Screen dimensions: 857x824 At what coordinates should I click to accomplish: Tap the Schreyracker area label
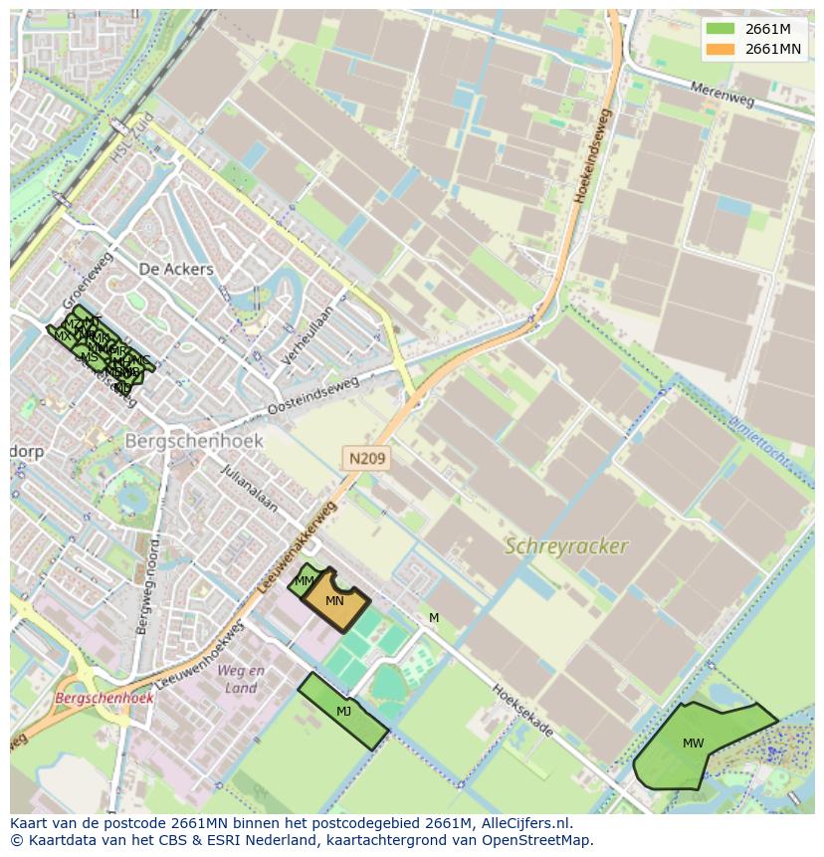pos(566,546)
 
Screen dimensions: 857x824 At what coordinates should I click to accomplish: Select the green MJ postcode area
pos(343,711)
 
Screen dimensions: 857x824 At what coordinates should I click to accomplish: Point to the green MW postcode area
pos(694,745)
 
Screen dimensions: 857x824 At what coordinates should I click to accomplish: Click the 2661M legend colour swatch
pos(720,28)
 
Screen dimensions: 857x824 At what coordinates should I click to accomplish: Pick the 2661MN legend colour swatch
pos(720,48)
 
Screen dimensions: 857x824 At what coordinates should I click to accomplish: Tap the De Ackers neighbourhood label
pos(176,270)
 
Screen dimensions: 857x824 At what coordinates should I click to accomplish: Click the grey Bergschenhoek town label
pos(194,440)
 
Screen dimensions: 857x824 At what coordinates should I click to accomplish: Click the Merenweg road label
pos(723,95)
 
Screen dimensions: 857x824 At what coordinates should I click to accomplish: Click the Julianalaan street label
pos(249,489)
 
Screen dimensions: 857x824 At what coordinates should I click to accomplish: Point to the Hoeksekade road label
pos(522,710)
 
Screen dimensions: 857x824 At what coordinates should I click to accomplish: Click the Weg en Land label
pos(241,679)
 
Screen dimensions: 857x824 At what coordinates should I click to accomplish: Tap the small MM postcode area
pos(305,581)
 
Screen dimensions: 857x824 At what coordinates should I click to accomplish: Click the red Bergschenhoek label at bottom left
pos(104,698)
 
